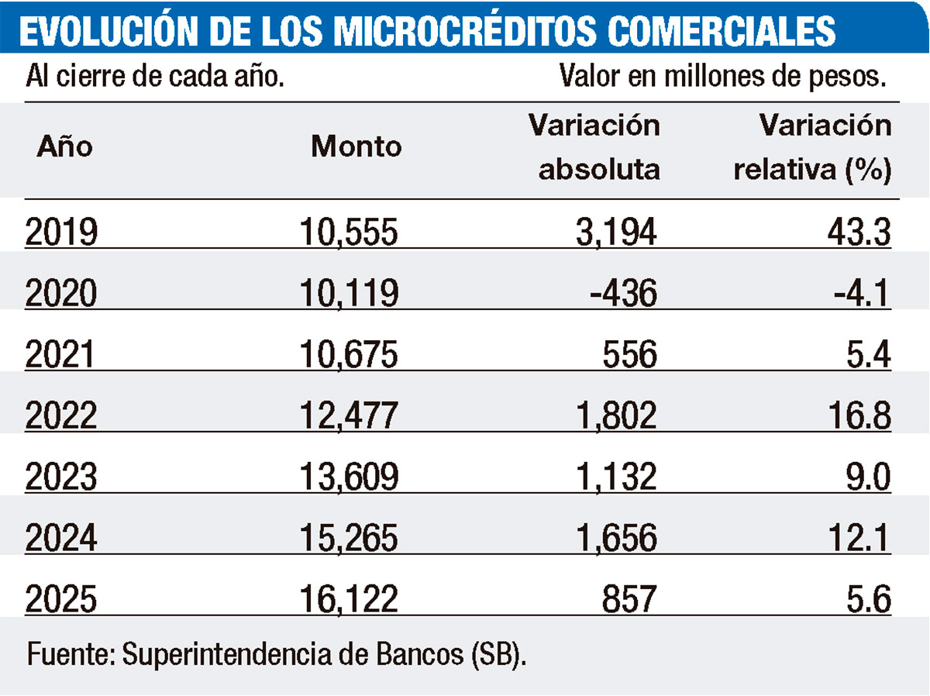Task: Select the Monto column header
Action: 356,146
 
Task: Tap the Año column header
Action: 64,146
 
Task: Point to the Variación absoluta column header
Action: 594,147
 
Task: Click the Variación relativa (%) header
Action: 813,147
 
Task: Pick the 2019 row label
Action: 61,232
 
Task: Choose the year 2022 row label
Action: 61,416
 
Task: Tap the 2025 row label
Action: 61,601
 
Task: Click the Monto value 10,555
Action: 350,232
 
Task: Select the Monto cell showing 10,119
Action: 350,294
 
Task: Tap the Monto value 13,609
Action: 350,478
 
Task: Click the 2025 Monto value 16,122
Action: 350,601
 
